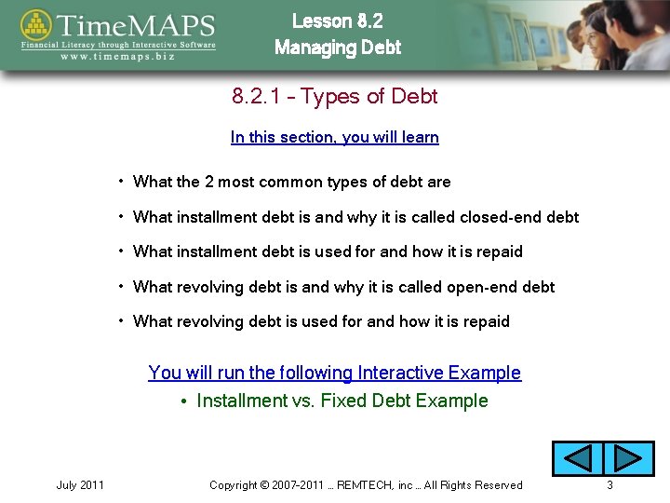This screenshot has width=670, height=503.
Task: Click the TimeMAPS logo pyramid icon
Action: coord(36,26)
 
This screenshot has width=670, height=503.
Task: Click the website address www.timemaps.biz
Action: coord(117,57)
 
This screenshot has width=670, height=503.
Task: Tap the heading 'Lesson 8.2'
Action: coord(337,20)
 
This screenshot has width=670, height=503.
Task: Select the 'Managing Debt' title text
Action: coord(338,48)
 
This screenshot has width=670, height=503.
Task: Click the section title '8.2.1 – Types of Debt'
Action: coord(334,97)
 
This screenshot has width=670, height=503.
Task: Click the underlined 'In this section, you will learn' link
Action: coord(334,138)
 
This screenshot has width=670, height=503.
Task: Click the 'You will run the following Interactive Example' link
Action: coord(334,373)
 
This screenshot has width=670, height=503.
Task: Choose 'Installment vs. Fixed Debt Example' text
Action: coord(342,401)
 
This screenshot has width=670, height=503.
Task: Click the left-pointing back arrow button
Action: coord(578,458)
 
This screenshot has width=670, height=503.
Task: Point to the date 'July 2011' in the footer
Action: coord(80,485)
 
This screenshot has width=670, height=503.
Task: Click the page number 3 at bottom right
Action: coord(610,485)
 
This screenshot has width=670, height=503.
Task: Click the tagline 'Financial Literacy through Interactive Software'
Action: coord(118,45)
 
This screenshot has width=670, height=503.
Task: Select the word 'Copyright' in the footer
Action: coord(234,485)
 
